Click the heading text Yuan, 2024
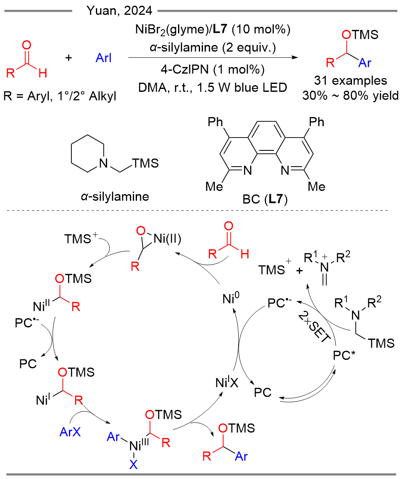tap(120, 11)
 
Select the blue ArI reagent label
tap(103, 58)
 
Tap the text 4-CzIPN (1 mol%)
tap(212, 70)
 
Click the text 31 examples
tap(350, 81)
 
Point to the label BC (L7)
tap(265, 199)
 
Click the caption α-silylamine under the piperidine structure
tap(115, 196)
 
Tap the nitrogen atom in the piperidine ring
tap(104, 163)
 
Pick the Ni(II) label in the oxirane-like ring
tap(168, 238)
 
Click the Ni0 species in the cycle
tap(231, 298)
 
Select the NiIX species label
tap(227, 382)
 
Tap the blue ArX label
tap(70, 432)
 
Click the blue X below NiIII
tap(133, 464)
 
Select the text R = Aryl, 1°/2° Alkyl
tap(60, 96)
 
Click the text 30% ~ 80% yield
tap(350, 96)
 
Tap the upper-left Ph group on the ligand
tap(215, 122)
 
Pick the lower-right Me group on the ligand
tap(317, 187)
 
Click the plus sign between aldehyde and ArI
tap(69, 57)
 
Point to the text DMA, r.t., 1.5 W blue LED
tap(212, 88)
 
